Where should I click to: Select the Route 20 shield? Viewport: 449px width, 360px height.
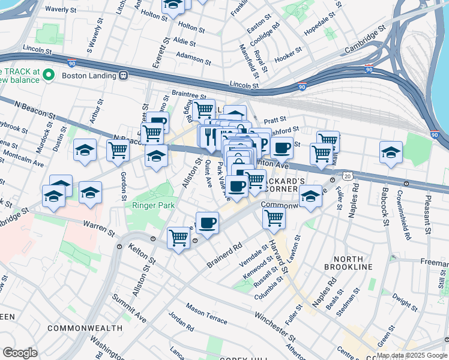point(347,176)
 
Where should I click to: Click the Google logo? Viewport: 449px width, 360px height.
point(20,353)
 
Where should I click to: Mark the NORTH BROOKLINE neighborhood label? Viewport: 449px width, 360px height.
point(352,262)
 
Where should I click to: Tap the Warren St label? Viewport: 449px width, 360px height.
point(98,227)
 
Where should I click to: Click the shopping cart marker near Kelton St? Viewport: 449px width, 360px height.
point(178,238)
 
